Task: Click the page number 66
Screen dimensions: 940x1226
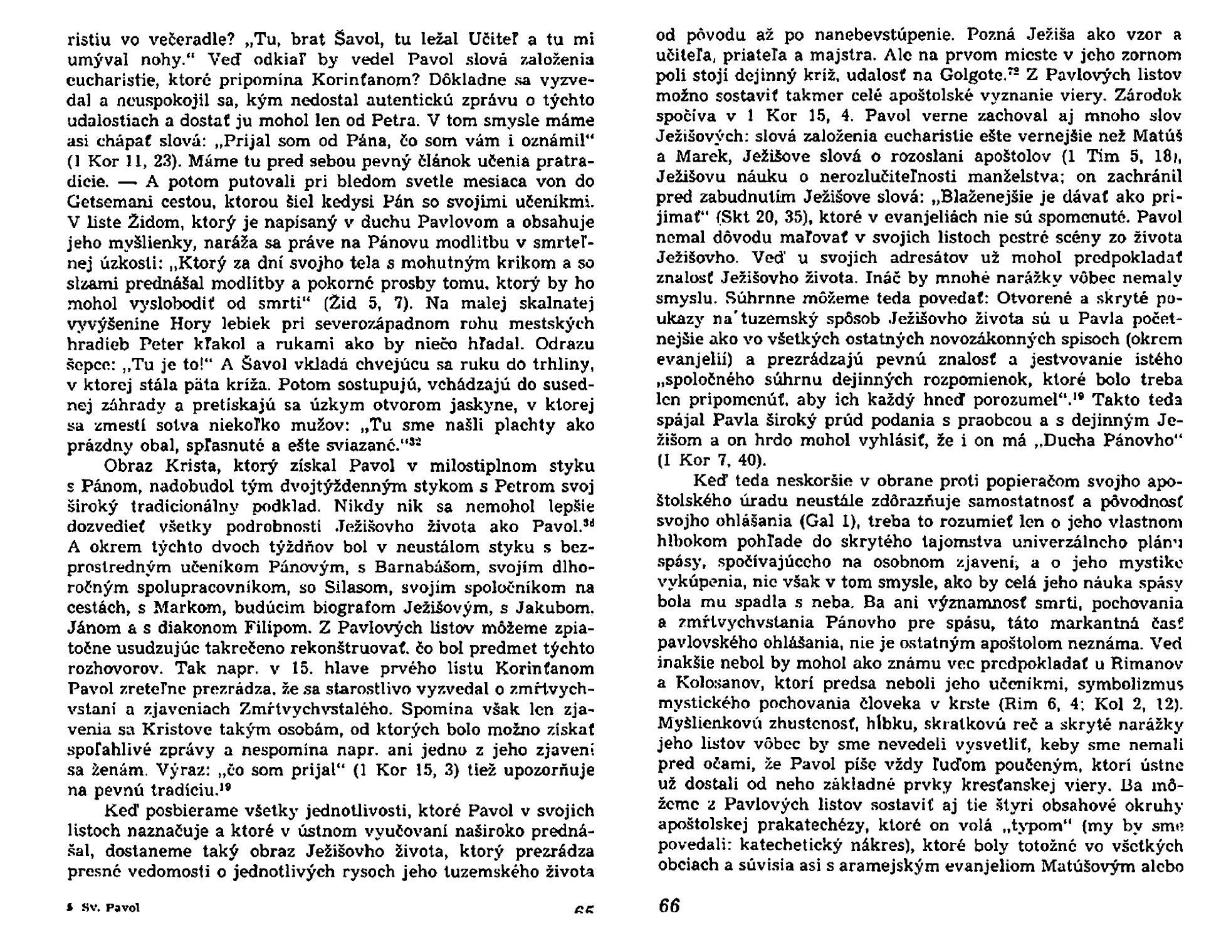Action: (x=669, y=906)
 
